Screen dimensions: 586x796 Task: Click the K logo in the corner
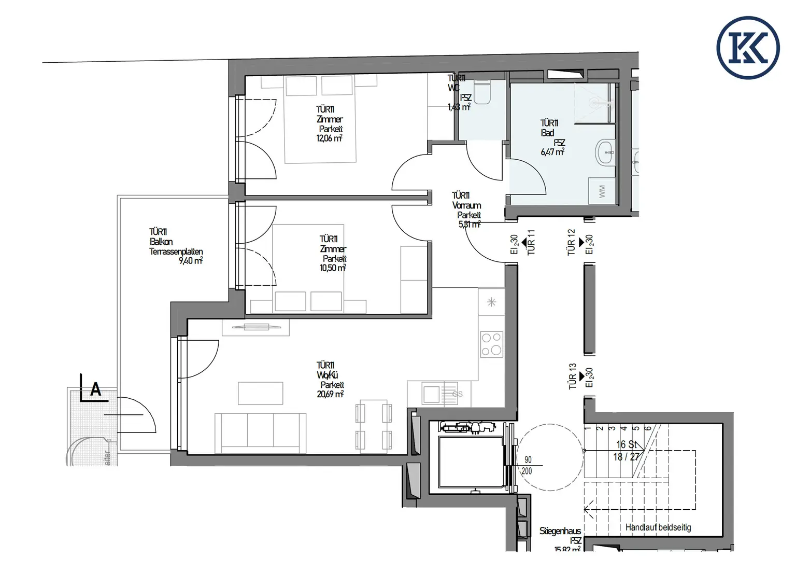(748, 48)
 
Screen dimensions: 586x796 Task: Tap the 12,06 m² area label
(329, 138)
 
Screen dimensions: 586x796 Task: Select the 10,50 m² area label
(332, 268)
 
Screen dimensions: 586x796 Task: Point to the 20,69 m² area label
(330, 394)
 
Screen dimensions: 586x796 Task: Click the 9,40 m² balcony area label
(190, 261)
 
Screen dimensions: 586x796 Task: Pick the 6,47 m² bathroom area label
(552, 152)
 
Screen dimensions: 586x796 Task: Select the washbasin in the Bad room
(606, 152)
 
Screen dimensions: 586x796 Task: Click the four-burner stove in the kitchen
(491, 344)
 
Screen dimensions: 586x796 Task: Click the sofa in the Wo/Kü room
(260, 431)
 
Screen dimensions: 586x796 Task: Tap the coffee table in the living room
(260, 393)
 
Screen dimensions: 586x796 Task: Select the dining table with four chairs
(373, 425)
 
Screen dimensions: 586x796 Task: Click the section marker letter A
(95, 389)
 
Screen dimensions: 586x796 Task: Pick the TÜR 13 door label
(572, 376)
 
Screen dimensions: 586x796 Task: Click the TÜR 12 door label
(571, 242)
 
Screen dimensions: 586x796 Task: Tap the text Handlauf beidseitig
(658, 527)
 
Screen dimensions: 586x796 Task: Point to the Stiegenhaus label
(560, 531)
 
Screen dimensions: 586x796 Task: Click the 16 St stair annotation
(627, 444)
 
